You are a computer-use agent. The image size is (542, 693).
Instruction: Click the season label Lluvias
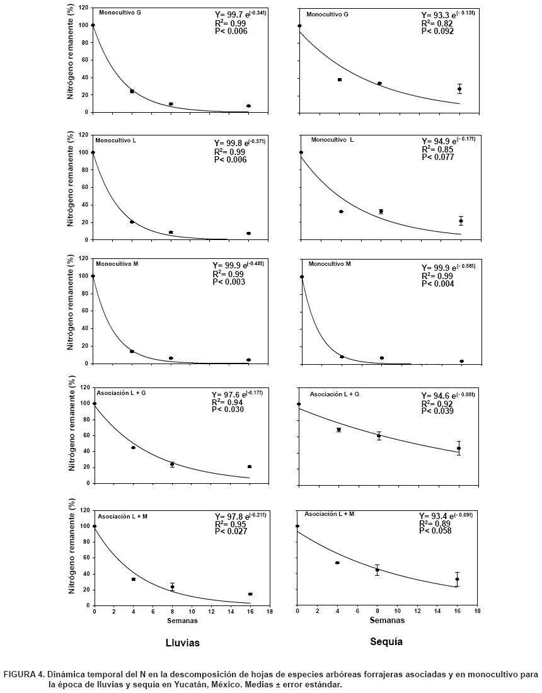(x=182, y=643)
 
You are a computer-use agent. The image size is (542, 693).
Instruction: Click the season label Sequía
(x=386, y=642)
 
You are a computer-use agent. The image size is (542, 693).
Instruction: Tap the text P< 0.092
(x=439, y=30)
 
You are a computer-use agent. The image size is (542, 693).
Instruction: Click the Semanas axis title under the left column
(x=182, y=621)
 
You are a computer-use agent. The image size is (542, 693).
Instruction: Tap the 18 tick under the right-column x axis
(x=478, y=611)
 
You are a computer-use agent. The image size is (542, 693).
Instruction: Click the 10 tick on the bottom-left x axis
(x=192, y=612)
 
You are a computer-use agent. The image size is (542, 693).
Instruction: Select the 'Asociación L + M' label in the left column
(x=122, y=516)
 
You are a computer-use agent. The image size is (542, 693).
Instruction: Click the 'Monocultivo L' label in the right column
(x=332, y=139)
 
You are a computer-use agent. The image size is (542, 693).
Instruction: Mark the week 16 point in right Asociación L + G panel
(x=459, y=449)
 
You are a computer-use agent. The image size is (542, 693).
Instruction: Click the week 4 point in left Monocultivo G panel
(x=132, y=91)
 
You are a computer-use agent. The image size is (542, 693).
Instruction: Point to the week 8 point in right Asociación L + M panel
(x=378, y=570)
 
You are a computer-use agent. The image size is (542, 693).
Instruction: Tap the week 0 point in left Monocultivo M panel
(x=93, y=276)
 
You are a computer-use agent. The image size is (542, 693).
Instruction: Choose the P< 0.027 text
(x=229, y=531)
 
